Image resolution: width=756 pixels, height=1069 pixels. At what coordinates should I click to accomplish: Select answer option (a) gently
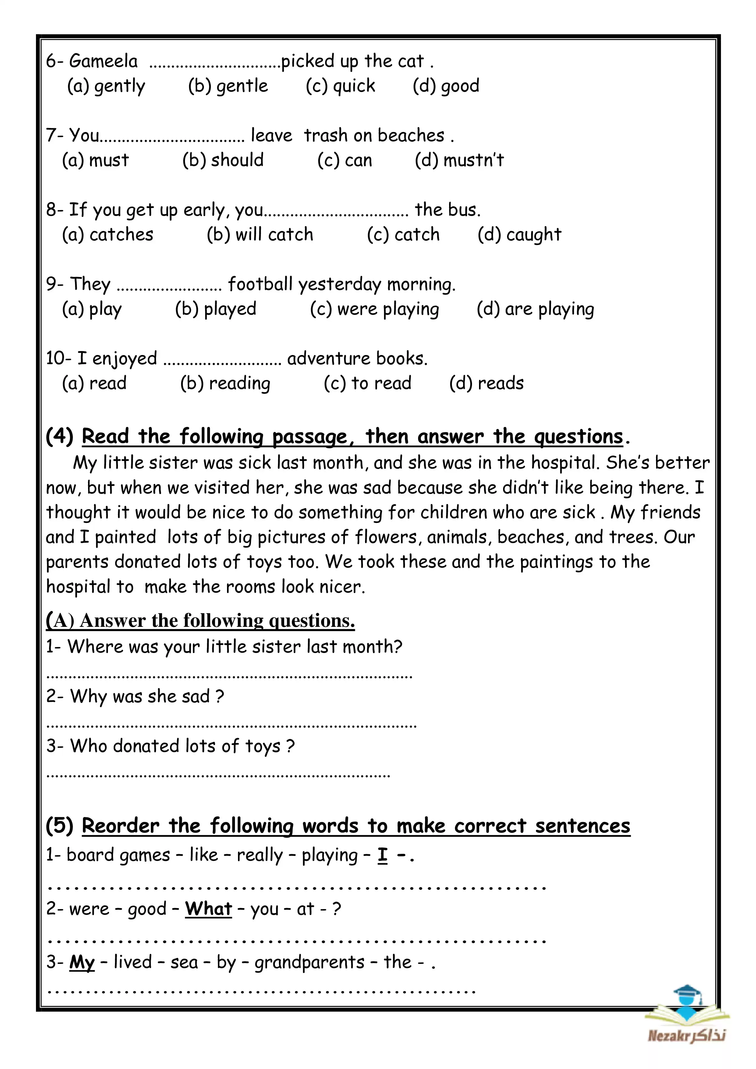pyautogui.click(x=106, y=86)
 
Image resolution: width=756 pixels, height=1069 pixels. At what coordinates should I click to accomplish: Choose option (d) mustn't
pyautogui.click(x=459, y=160)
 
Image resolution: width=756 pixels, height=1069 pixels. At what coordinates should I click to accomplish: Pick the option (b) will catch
pyautogui.click(x=260, y=235)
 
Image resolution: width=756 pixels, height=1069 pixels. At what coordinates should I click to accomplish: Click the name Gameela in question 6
pyautogui.click(x=103, y=61)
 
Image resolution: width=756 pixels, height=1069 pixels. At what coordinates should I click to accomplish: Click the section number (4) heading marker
pyautogui.click(x=60, y=436)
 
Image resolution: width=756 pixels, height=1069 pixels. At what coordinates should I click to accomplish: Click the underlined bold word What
pyautogui.click(x=208, y=909)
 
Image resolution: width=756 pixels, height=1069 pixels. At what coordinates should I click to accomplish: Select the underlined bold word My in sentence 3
pyautogui.click(x=82, y=962)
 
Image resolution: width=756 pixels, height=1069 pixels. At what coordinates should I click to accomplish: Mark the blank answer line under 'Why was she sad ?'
pyautogui.click(x=231, y=725)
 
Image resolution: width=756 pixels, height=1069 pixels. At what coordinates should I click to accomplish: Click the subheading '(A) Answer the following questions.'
pyautogui.click(x=200, y=621)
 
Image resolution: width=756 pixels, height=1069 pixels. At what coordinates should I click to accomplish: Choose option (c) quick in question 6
pyautogui.click(x=340, y=86)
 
